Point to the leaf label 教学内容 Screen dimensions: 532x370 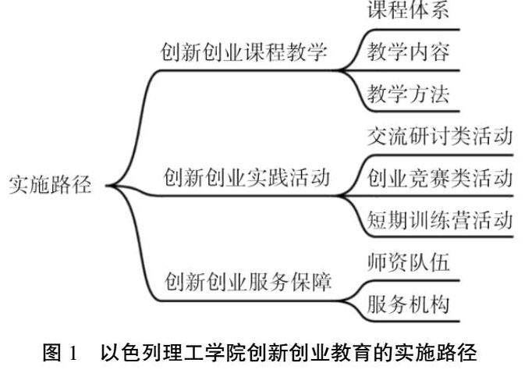click(408, 52)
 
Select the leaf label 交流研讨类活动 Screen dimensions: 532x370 click(439, 138)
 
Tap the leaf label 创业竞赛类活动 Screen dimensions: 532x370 click(439, 179)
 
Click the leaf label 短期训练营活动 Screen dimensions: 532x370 click(439, 219)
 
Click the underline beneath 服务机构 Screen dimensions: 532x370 click(413, 321)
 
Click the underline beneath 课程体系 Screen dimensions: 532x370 click(413, 29)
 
